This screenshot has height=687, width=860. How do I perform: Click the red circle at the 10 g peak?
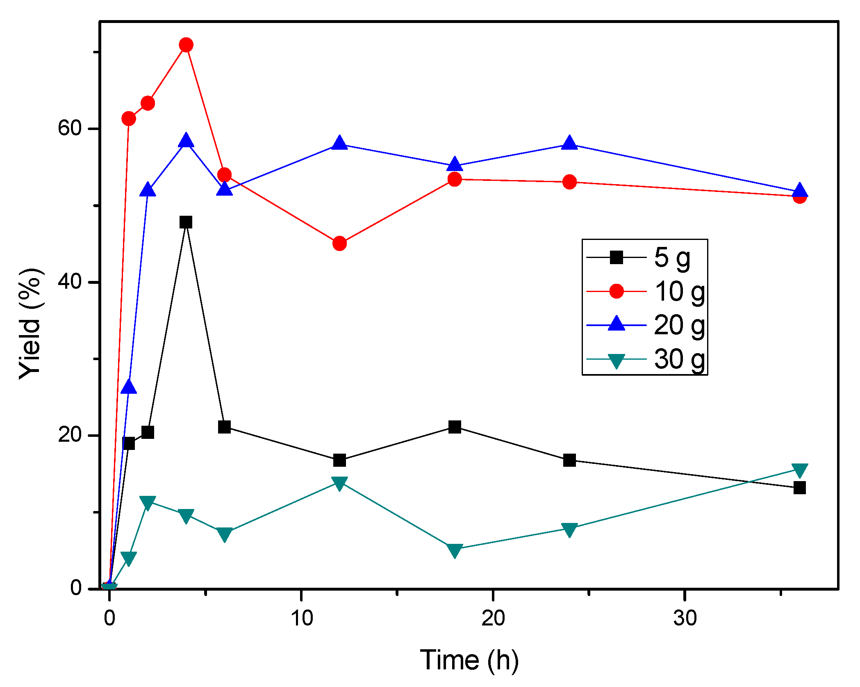tap(186, 45)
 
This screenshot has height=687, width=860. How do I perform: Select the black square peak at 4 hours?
tap(186, 222)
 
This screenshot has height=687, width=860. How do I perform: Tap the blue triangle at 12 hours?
tap(339, 143)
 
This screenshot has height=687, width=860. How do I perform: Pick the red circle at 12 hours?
tap(339, 244)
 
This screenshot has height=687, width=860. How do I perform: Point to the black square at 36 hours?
tap(799, 488)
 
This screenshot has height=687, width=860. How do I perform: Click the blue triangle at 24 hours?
tap(569, 143)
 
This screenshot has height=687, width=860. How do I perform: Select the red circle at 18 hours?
tap(455, 179)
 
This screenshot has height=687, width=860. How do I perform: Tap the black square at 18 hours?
tap(455, 427)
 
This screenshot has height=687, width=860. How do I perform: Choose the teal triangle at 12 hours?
tap(339, 483)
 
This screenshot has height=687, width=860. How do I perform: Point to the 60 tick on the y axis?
tap(70, 128)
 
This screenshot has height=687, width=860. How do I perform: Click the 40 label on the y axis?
tap(70, 282)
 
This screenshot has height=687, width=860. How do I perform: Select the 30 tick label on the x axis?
tap(685, 618)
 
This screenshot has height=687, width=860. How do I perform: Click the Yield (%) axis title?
tap(31, 324)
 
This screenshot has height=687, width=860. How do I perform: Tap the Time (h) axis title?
tap(469, 660)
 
